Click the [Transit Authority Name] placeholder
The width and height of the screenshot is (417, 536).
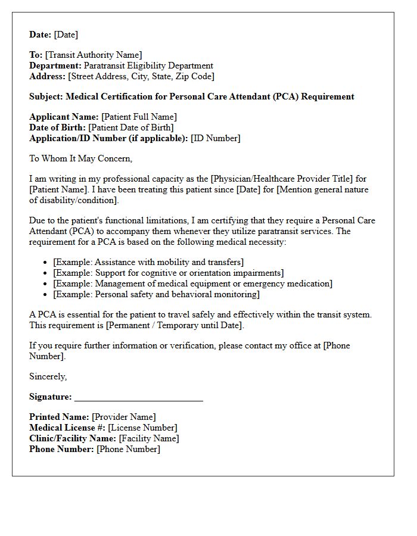(94, 55)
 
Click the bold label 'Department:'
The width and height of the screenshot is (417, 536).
(55, 66)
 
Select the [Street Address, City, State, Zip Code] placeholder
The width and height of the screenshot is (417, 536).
(141, 77)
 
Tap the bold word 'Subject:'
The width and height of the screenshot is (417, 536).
(46, 96)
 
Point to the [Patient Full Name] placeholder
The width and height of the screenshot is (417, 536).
(139, 117)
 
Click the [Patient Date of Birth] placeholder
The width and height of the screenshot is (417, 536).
(131, 128)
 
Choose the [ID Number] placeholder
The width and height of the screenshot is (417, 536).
(215, 139)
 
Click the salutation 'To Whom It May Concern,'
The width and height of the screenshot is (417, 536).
(80, 159)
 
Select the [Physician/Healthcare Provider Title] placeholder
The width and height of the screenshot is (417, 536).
(269, 179)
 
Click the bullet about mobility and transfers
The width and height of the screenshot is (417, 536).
(148, 262)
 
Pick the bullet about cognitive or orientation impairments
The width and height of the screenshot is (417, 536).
(168, 273)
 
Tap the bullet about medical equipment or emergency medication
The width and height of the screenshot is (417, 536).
(192, 283)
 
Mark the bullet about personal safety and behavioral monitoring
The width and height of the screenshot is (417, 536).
(156, 294)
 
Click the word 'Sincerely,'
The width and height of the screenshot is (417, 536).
(48, 376)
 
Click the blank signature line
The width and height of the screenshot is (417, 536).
(139, 397)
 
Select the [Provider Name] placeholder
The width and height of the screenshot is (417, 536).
(124, 417)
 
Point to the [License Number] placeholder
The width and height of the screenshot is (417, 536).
(142, 428)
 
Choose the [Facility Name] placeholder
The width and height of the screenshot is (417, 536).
(149, 439)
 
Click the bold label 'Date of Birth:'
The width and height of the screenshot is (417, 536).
(58, 128)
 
